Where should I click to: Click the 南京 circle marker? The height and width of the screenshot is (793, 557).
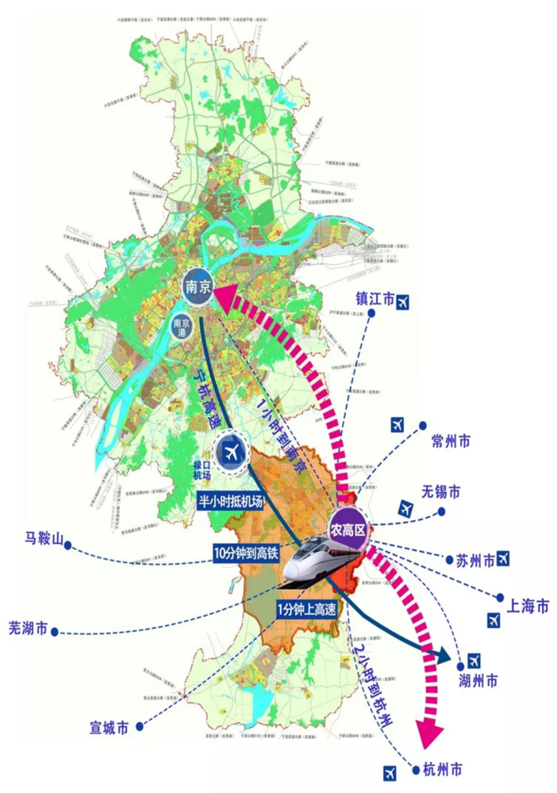[x=197, y=289]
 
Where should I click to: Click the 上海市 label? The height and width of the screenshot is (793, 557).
[x=528, y=607]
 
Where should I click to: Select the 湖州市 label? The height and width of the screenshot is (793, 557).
[x=479, y=680]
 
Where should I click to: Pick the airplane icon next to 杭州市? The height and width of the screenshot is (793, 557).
[x=390, y=770]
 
